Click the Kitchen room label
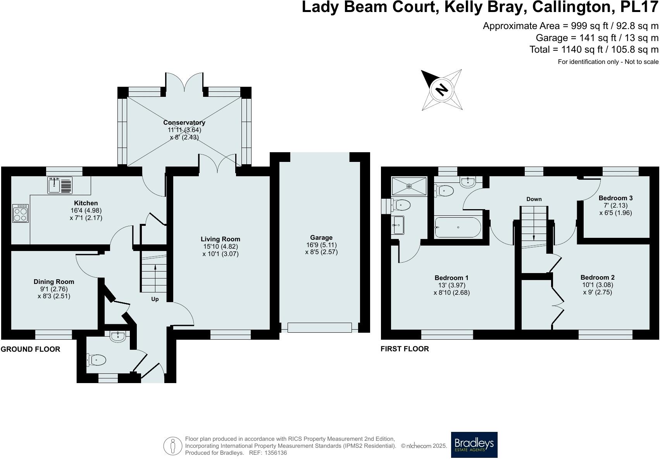(x=86, y=203)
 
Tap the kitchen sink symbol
(x=60, y=185)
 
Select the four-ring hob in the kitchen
(x=20, y=213)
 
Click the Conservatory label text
(x=184, y=122)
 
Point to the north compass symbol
(x=442, y=90)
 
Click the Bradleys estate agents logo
(x=474, y=445)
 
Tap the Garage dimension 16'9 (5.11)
(x=321, y=245)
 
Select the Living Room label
(x=220, y=239)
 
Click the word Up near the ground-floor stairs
(x=155, y=299)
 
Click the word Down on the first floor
(x=534, y=199)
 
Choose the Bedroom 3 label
(x=615, y=198)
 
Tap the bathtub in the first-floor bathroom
(x=458, y=227)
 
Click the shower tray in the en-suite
(x=409, y=186)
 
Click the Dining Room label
(x=54, y=282)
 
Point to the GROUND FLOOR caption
(x=31, y=349)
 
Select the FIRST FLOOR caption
(x=405, y=349)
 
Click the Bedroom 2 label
(x=597, y=277)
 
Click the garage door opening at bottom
(x=319, y=328)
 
